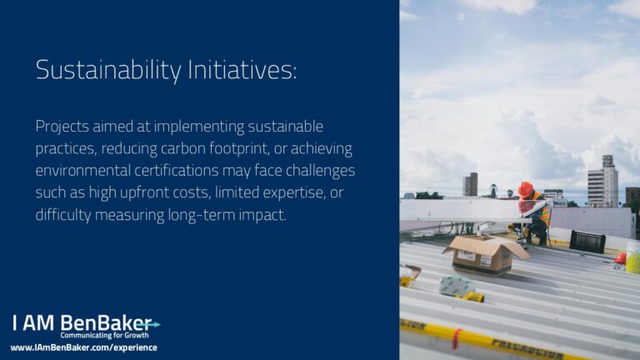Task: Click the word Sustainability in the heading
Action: pyautogui.click(x=108, y=70)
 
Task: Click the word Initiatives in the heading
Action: pyautogui.click(x=242, y=69)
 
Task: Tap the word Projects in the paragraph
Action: pyautogui.click(x=62, y=127)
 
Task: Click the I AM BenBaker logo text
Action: pyautogui.click(x=82, y=322)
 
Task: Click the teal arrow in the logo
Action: pyautogui.click(x=149, y=325)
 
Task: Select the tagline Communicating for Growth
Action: pyautogui.click(x=104, y=336)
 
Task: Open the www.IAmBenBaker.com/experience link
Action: pyautogui.click(x=83, y=347)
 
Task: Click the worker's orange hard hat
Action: pyautogui.click(x=525, y=189)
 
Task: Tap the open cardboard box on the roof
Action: pyautogui.click(x=485, y=254)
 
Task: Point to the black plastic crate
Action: pyautogui.click(x=587, y=242)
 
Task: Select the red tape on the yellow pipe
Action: pyautogui.click(x=457, y=339)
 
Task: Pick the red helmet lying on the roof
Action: pyautogui.click(x=620, y=258)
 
